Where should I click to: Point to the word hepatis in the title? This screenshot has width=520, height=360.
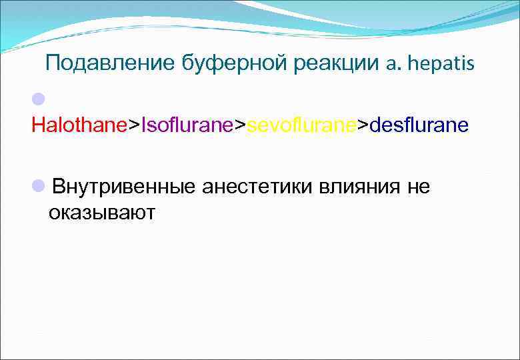pyautogui.click(x=441, y=63)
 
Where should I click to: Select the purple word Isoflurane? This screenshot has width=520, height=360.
pyautogui.click(x=185, y=125)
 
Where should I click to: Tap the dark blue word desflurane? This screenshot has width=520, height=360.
pyautogui.click(x=418, y=125)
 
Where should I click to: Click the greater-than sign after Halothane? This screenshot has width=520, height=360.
pyautogui.click(x=133, y=125)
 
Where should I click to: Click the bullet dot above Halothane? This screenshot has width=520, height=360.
pyautogui.click(x=38, y=99)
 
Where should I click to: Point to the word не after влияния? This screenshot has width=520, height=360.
pyautogui.click(x=419, y=187)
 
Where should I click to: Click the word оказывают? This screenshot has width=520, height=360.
pyautogui.click(x=101, y=212)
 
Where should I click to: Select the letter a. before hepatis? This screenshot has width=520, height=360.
pyautogui.click(x=391, y=63)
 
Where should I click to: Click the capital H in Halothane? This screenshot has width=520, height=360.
pyautogui.click(x=37, y=125)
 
